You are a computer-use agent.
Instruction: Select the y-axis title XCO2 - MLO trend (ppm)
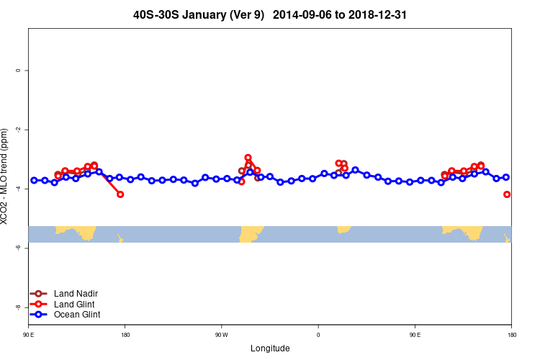pyautogui.click(x=7, y=176)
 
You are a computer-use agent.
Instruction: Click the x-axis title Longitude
pyautogui.click(x=270, y=348)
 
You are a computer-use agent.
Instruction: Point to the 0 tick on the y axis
pyautogui.click(x=18, y=71)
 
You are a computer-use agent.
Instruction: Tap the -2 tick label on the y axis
pyautogui.click(x=18, y=130)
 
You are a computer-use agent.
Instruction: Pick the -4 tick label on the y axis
pyautogui.click(x=18, y=189)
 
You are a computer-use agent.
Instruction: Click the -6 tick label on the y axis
pyautogui.click(x=18, y=248)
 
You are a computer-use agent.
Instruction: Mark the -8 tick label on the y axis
pyautogui.click(x=18, y=307)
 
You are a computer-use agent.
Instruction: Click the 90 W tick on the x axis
pyautogui.click(x=221, y=336)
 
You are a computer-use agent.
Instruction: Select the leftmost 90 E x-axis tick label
pyautogui.click(x=28, y=336)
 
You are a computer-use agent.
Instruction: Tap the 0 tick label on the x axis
pyautogui.click(x=318, y=336)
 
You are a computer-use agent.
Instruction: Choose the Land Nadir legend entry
pyautogui.click(x=76, y=293)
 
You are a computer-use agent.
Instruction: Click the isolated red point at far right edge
pyautogui.click(x=507, y=194)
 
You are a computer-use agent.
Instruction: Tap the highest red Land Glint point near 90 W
pyautogui.click(x=248, y=158)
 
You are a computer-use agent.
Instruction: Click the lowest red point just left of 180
pyautogui.click(x=120, y=194)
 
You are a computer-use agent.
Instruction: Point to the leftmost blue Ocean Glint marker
pyautogui.click(x=34, y=180)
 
